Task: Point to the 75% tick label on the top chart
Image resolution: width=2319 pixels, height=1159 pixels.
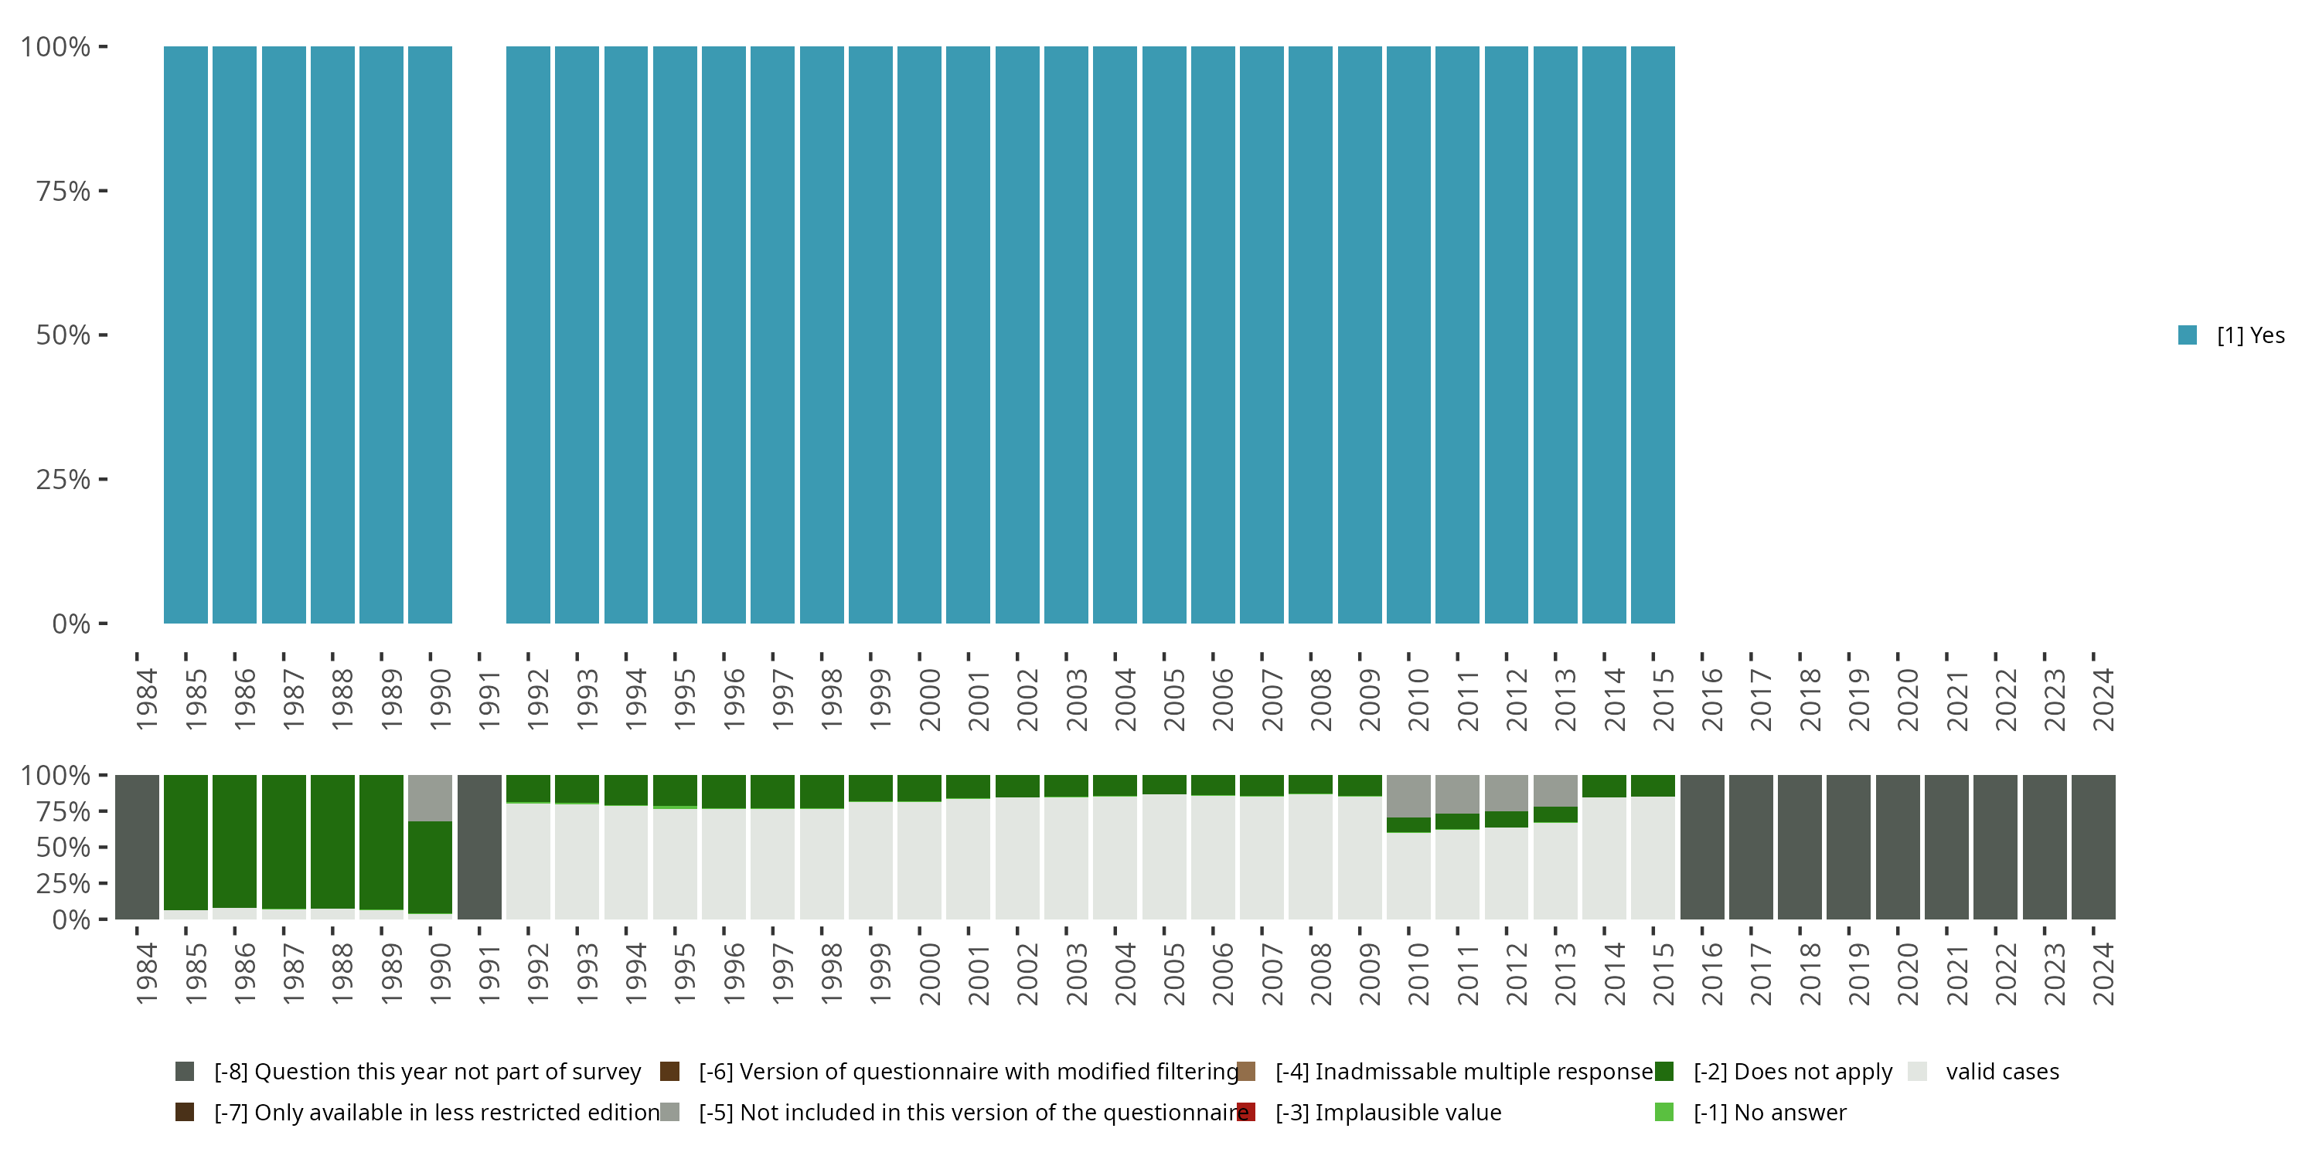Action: tap(63, 191)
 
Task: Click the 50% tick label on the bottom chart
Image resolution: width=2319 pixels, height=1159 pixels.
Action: tap(63, 848)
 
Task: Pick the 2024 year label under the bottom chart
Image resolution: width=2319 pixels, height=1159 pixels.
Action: tap(2102, 974)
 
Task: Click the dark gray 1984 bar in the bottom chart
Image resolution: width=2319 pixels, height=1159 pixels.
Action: tap(137, 847)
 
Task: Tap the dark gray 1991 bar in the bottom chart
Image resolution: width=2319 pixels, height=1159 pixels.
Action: tap(479, 847)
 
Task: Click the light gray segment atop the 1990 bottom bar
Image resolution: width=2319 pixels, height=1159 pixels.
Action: tap(431, 797)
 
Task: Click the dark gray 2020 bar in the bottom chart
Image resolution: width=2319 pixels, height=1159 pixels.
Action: tap(1898, 847)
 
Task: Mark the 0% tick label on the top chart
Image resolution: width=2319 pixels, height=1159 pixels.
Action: tap(70, 624)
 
